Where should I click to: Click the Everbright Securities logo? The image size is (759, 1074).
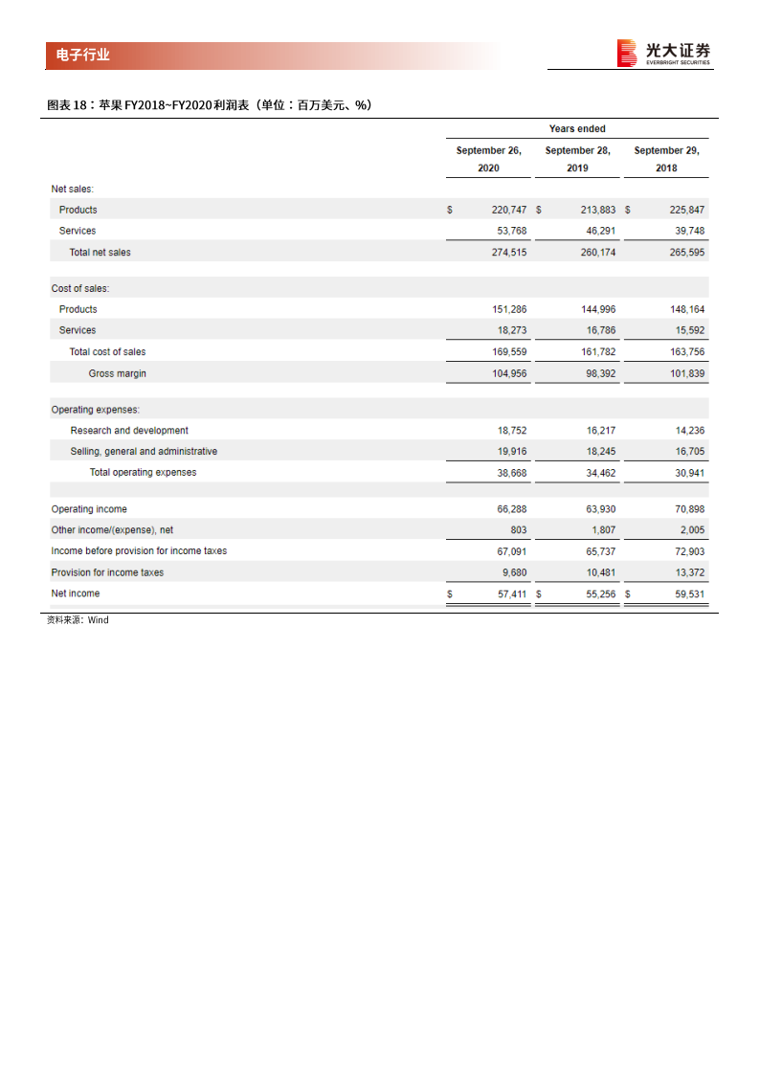(x=664, y=54)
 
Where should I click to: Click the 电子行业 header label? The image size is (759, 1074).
(x=78, y=56)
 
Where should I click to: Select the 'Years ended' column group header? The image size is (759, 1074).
(x=577, y=129)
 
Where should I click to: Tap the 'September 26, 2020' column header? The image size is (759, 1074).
(x=489, y=159)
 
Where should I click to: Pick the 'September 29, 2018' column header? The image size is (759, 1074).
(x=667, y=159)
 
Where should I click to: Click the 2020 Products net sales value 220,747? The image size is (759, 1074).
(x=509, y=210)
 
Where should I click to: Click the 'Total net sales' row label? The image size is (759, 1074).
(x=100, y=253)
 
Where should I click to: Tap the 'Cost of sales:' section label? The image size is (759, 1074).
(x=80, y=288)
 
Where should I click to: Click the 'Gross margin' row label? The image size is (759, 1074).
(x=118, y=373)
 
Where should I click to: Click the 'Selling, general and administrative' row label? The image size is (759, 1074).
(x=144, y=452)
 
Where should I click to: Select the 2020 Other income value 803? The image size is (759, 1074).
(x=517, y=530)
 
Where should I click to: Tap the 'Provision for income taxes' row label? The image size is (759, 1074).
(x=107, y=572)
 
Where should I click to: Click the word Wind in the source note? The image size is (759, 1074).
(x=99, y=620)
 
